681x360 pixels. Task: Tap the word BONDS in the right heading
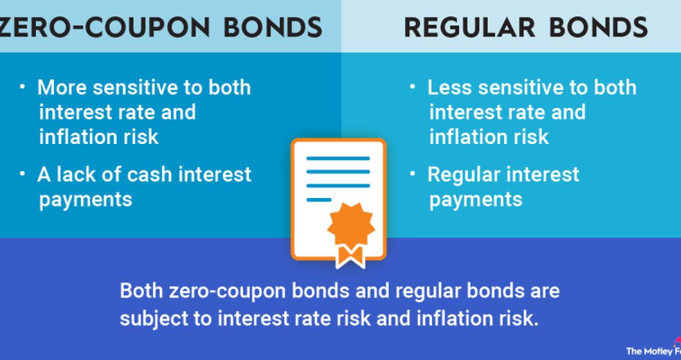click(608, 26)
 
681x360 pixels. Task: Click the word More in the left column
click(62, 88)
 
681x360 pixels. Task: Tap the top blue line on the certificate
click(338, 159)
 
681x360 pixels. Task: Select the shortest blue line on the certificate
click(319, 199)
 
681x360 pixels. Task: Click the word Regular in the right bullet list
click(463, 174)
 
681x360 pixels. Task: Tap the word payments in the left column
click(86, 199)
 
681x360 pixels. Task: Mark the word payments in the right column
click(476, 199)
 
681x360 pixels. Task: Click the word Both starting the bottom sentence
click(141, 292)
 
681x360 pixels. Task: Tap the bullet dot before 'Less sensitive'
click(413, 87)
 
